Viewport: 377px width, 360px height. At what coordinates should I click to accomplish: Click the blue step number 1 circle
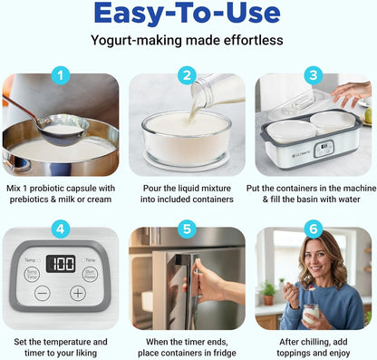point(61,75)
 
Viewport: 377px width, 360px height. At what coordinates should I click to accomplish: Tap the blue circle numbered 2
point(188,75)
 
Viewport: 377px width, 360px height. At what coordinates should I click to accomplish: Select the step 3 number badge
point(314,75)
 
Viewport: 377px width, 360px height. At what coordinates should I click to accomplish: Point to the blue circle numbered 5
point(188,229)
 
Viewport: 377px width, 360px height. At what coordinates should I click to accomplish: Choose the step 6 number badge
point(314,229)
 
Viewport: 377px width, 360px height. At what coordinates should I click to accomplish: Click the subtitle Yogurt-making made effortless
point(188,41)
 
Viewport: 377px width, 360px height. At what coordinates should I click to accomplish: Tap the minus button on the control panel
point(43,293)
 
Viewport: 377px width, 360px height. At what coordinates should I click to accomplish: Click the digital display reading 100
point(60,264)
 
